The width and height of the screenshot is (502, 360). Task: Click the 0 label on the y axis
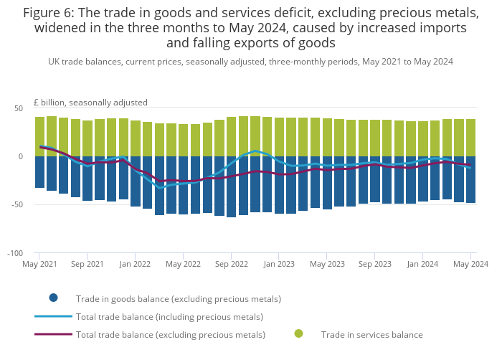click(20, 156)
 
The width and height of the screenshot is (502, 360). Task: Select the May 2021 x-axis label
click(39, 264)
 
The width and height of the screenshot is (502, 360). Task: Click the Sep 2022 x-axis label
click(231, 264)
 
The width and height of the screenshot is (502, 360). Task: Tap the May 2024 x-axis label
click(470, 264)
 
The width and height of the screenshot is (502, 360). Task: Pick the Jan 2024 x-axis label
click(422, 264)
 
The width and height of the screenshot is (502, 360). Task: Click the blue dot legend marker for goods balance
click(53, 298)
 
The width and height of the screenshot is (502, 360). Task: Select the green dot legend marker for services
click(298, 333)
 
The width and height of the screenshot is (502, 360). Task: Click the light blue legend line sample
click(53, 316)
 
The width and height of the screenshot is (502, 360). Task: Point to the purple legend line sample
click(53, 334)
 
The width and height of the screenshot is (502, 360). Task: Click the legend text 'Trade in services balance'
click(371, 334)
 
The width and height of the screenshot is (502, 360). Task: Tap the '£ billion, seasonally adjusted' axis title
click(90, 103)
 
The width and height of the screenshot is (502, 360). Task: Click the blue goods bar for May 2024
click(470, 179)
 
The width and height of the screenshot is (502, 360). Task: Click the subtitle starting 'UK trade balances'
click(250, 62)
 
